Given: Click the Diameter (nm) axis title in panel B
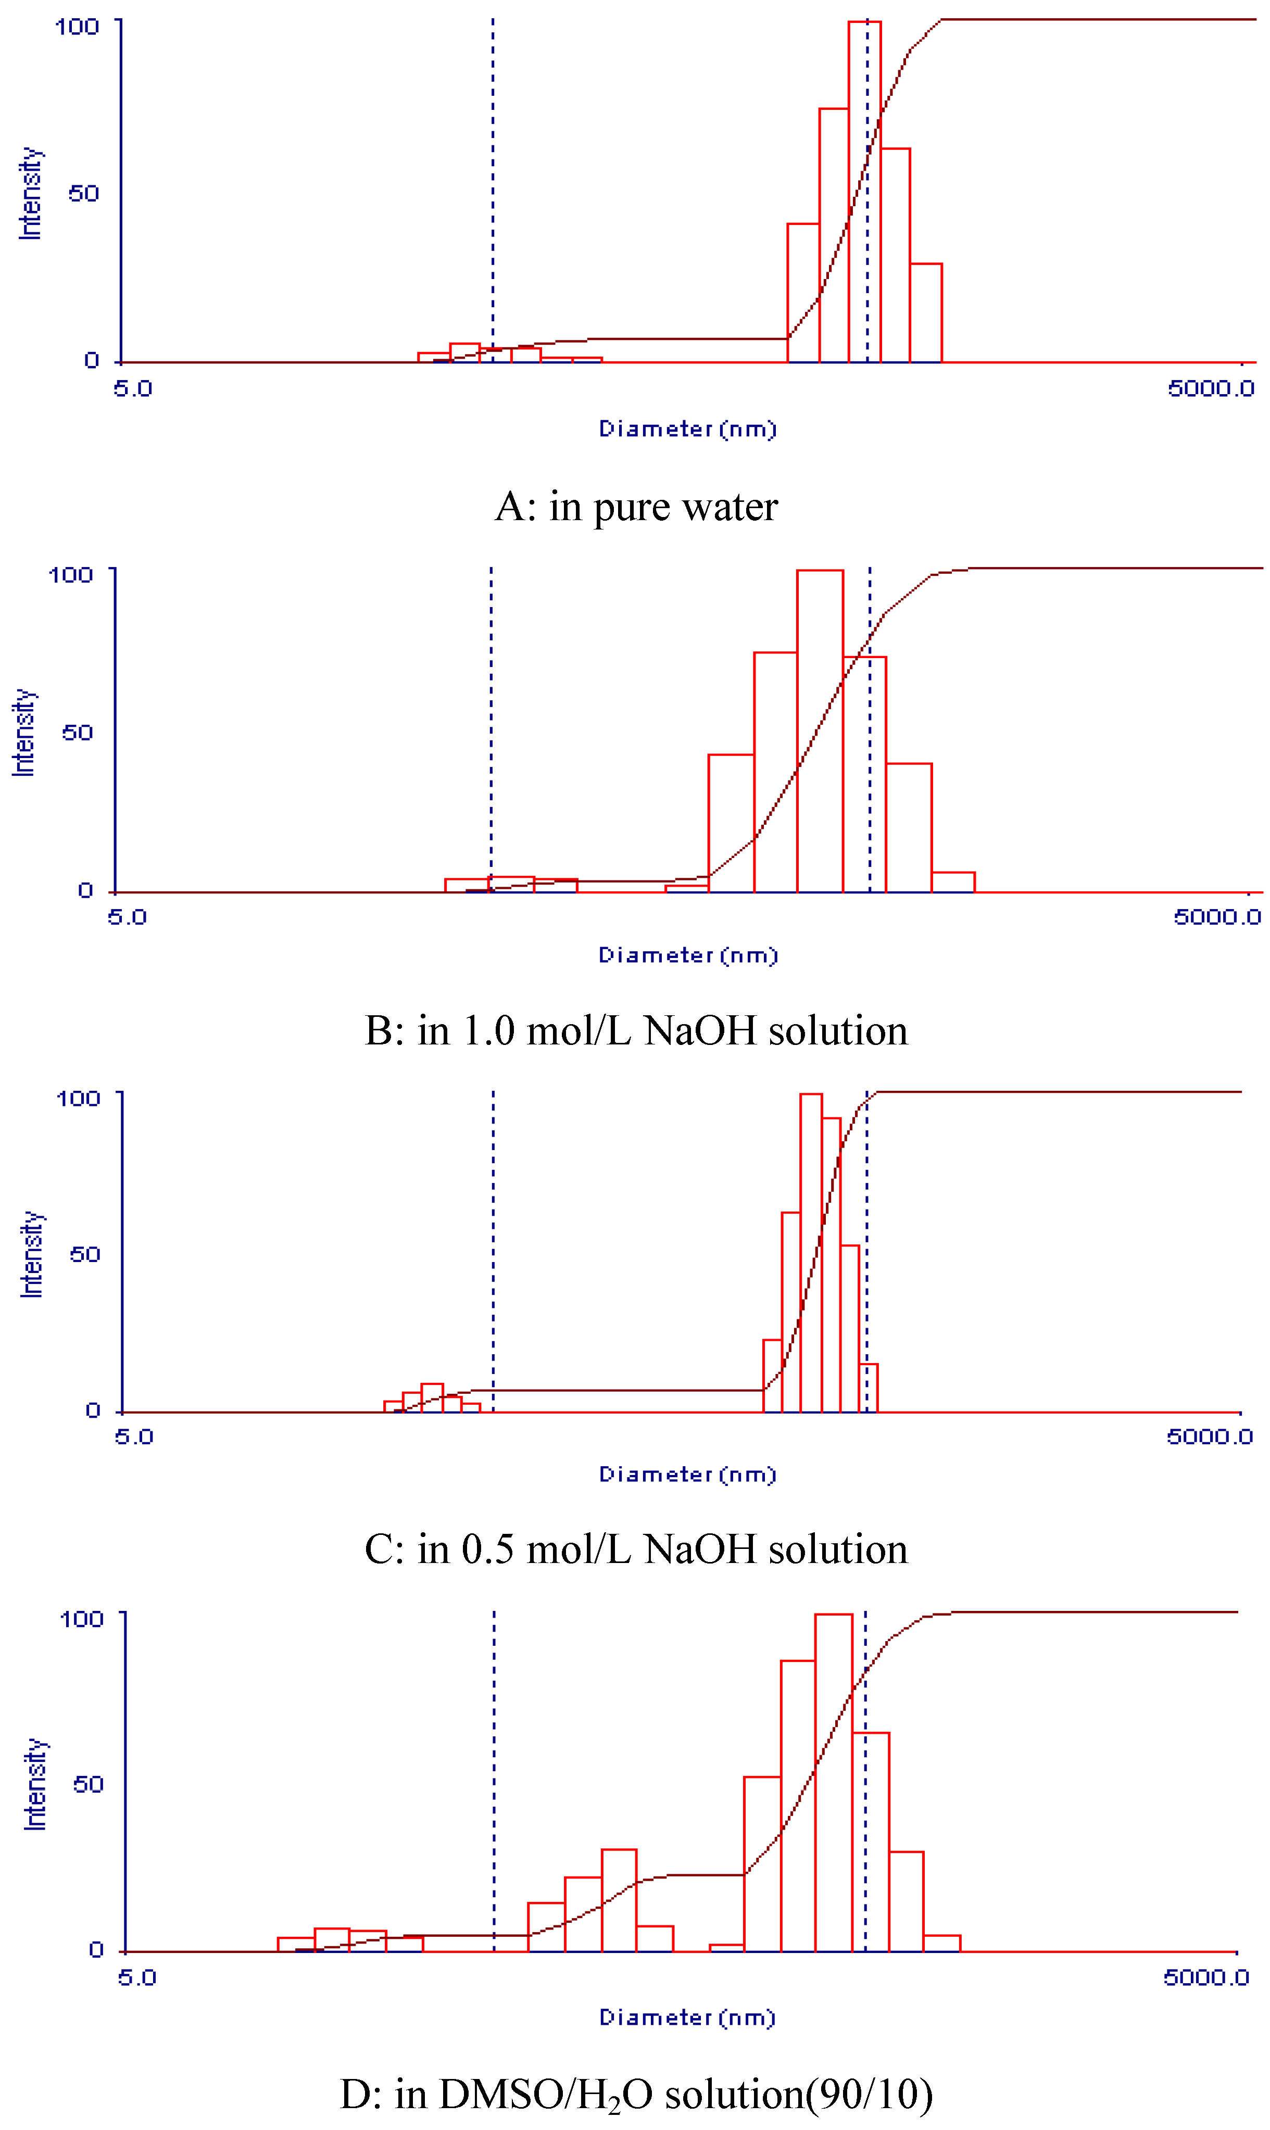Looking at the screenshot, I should (x=687, y=955).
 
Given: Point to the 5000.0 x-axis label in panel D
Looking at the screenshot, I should (x=1206, y=1977).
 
